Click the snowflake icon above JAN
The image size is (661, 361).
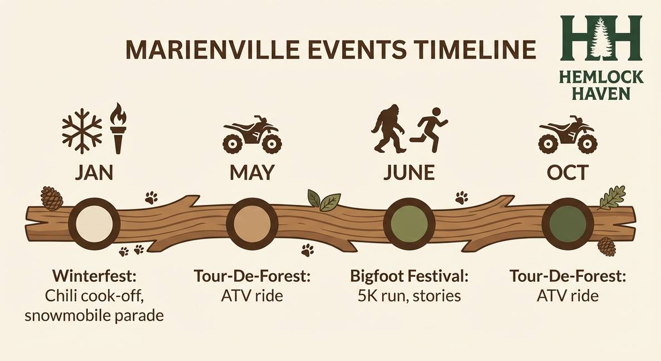[82, 131]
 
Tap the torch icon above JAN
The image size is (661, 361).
[119, 128]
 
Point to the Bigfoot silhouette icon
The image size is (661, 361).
[388, 128]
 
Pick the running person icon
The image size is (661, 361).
[432, 130]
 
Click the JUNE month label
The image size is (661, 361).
[409, 173]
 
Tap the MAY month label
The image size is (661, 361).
[252, 173]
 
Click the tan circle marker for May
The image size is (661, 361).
[252, 222]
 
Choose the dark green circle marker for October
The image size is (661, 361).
[568, 222]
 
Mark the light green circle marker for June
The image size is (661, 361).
[410, 222]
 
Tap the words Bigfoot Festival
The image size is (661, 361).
[410, 276]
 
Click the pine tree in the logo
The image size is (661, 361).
[601, 37]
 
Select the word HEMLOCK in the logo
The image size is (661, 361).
[601, 77]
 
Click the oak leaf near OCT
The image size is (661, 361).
[611, 198]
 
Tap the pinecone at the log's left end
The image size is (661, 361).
[52, 198]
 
